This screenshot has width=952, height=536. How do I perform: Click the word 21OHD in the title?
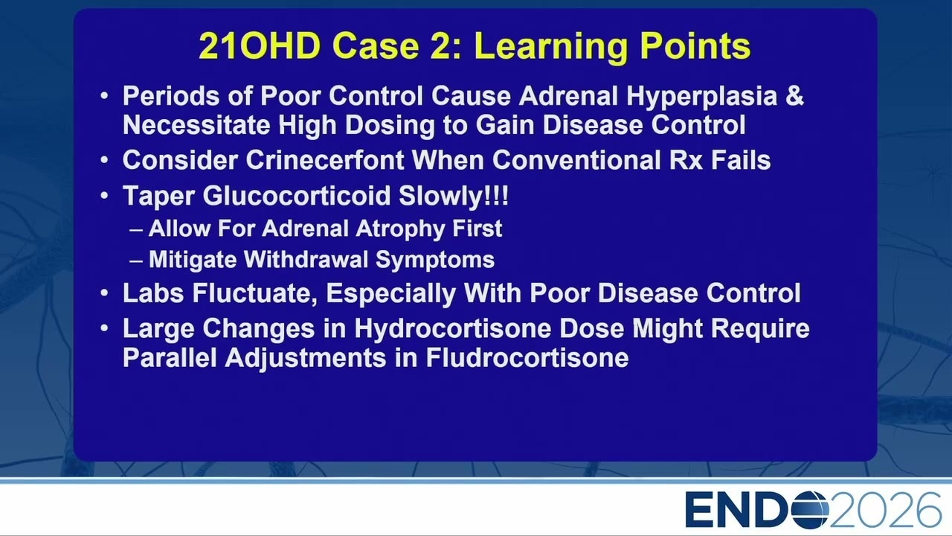260,45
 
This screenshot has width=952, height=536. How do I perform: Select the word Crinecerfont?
325,160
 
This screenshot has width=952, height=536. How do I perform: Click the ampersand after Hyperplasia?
794,95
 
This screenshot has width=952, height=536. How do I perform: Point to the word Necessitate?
196,125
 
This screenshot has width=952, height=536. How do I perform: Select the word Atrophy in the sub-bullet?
399,229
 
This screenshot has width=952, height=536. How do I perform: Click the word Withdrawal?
306,260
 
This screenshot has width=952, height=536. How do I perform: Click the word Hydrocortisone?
452,329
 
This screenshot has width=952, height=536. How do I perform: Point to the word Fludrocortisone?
527,358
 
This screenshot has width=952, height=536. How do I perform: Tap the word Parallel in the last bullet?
170,358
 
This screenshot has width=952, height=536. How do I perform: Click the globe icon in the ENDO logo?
810,510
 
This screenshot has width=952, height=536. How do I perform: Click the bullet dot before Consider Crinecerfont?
105,160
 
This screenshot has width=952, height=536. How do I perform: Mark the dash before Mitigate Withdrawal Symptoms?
136,261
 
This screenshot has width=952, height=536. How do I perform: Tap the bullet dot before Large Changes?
105,329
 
